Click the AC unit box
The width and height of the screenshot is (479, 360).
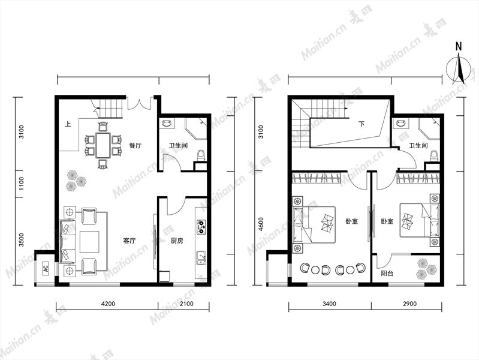click(x=46, y=268)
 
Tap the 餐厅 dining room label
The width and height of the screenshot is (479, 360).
click(x=135, y=145)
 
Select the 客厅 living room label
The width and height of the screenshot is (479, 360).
click(x=129, y=241)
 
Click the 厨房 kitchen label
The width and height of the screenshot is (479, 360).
click(x=177, y=241)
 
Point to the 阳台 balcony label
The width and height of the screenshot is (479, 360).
click(x=387, y=273)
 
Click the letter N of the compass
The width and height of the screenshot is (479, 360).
click(x=459, y=46)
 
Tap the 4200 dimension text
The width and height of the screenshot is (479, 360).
click(x=108, y=304)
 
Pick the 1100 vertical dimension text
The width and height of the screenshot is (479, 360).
click(x=21, y=184)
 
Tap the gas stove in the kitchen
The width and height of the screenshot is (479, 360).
click(x=201, y=227)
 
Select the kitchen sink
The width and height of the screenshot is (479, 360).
click(x=201, y=257)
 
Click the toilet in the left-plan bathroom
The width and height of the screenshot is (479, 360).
click(x=201, y=155)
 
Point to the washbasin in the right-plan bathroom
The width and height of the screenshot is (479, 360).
click(x=400, y=124)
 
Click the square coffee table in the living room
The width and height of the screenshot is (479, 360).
click(x=89, y=242)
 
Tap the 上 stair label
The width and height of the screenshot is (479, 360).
click(x=68, y=124)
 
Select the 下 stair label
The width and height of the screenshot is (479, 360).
click(x=361, y=124)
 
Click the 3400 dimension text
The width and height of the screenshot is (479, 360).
click(x=329, y=304)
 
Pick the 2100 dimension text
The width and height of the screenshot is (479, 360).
click(x=186, y=304)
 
